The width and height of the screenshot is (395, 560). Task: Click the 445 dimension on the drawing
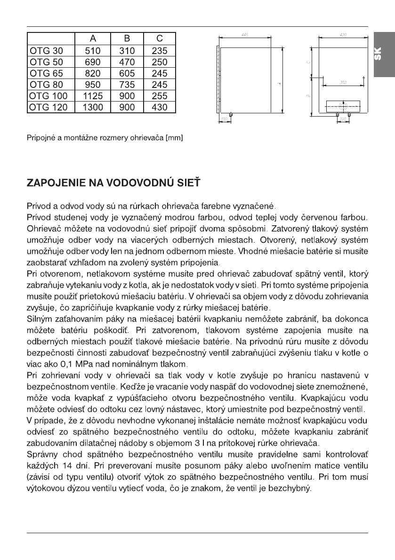click(245, 35)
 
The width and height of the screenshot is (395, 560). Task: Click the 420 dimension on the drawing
click(343, 35)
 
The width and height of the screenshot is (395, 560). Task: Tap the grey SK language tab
click(384, 55)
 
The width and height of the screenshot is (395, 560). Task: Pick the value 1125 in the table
click(92, 96)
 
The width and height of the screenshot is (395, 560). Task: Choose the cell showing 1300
click(92, 107)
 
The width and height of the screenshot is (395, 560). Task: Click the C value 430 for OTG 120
click(160, 107)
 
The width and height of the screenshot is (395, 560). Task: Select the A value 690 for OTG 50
click(92, 62)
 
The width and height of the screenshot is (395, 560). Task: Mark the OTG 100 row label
click(48, 96)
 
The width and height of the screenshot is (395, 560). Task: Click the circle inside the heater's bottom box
click(343, 106)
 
